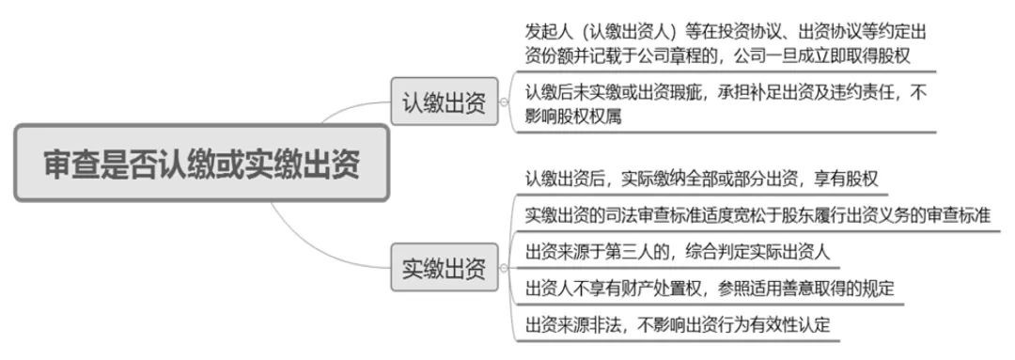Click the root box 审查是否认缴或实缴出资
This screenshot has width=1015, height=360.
point(202,163)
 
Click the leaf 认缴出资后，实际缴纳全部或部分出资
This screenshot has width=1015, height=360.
point(701,179)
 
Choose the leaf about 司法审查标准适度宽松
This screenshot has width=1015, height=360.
point(757,215)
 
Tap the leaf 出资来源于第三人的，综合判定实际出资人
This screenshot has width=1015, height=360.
point(677,252)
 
